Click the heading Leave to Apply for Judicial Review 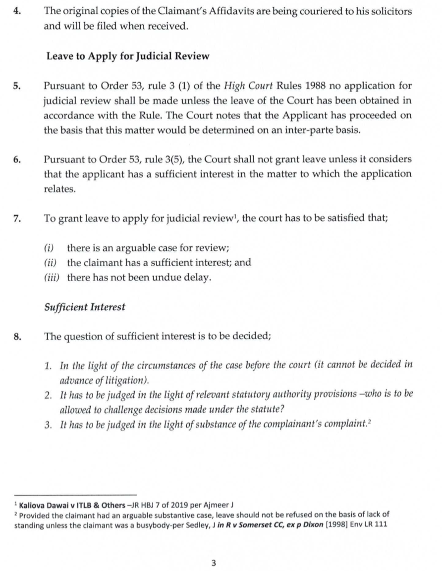tap(128, 56)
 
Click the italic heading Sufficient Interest tap(85, 307)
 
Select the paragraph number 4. tap(17, 12)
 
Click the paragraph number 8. tap(17, 337)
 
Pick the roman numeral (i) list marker tap(49, 248)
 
